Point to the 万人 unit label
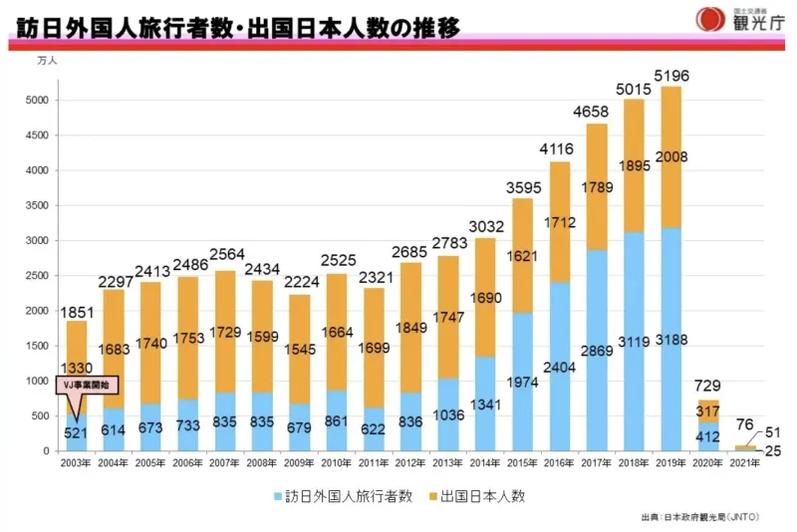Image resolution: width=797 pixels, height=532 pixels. pos(47,61)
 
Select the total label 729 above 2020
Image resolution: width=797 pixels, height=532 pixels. pos(707,386)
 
